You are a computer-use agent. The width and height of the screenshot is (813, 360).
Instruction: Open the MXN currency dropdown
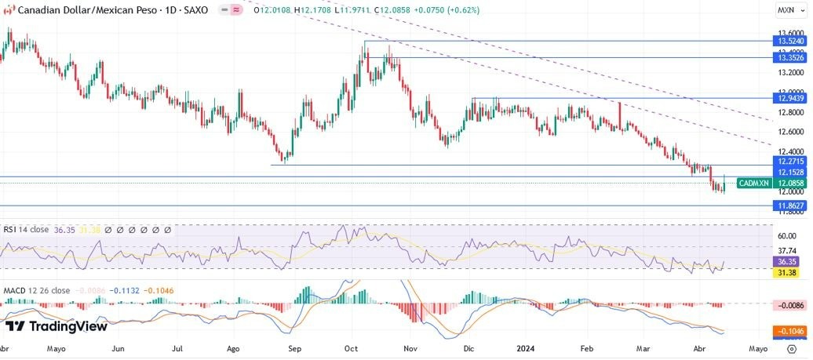(x=786, y=10)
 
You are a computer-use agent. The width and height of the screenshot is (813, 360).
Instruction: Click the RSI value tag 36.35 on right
(x=787, y=261)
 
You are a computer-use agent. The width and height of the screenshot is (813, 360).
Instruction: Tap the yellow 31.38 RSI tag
(x=787, y=272)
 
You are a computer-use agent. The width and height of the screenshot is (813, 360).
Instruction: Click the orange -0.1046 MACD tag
(x=787, y=332)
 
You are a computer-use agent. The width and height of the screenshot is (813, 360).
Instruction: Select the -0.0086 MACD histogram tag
(x=787, y=304)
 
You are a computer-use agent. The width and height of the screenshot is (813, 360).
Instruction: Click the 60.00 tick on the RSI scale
(x=787, y=235)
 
